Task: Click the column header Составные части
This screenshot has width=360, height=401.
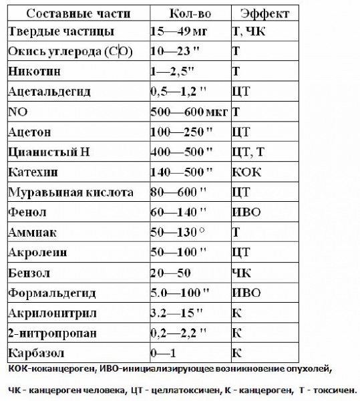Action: pos(76,13)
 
